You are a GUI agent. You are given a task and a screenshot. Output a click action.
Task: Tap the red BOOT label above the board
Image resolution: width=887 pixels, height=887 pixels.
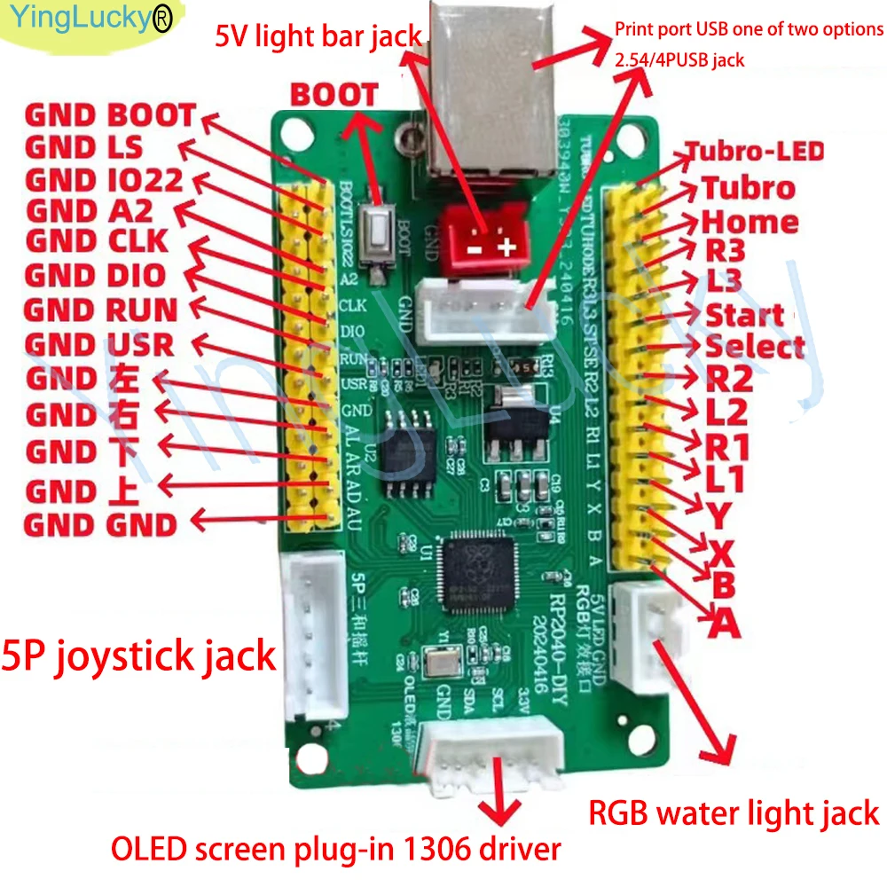335,95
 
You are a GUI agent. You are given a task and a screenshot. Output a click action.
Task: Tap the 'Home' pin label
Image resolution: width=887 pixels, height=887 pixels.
750,222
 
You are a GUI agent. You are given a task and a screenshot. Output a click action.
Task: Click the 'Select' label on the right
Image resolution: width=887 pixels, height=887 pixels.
755,346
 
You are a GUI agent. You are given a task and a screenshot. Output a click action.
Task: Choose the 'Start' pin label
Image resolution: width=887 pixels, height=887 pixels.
744,315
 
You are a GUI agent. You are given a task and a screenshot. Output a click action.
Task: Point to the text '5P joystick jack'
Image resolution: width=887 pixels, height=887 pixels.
140,657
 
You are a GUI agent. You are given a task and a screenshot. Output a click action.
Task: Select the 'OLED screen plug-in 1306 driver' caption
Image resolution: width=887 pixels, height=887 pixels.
336,849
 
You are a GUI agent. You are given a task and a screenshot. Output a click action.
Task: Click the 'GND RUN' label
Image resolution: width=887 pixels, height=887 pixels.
100,310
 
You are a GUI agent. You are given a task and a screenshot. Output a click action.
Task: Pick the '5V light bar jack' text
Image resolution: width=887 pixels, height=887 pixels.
318,37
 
